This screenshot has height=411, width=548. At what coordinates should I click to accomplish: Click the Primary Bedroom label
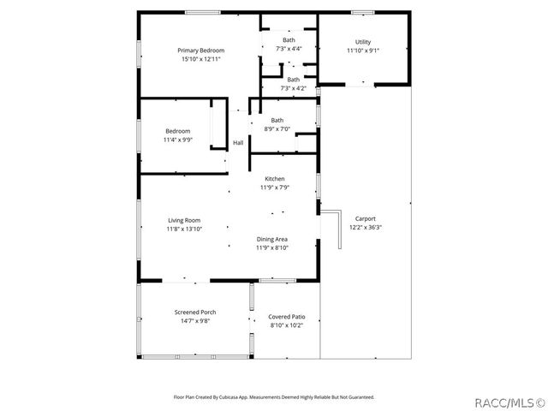[x=200, y=51]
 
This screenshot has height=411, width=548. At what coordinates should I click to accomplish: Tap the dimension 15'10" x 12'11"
[x=200, y=59]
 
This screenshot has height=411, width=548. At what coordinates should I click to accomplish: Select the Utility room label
[x=363, y=42]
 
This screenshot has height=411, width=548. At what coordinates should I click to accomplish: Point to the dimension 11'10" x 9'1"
[x=363, y=51]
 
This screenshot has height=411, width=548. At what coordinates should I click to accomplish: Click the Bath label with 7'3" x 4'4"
[x=289, y=40]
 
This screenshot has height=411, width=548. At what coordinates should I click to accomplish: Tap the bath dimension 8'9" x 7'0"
[x=277, y=128]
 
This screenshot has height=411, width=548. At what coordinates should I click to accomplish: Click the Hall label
[x=238, y=143]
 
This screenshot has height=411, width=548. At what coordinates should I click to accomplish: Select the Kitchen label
[x=274, y=179]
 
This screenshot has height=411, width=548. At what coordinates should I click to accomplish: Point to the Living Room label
[x=183, y=220]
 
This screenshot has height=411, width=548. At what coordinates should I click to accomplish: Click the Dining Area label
[x=272, y=239]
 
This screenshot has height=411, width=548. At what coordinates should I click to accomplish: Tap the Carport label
[x=366, y=218]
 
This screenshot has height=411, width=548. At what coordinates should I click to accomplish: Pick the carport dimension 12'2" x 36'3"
[x=366, y=227]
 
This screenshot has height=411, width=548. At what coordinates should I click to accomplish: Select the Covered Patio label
[x=287, y=317]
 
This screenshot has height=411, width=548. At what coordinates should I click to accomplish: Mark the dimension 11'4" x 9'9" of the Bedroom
[x=177, y=140]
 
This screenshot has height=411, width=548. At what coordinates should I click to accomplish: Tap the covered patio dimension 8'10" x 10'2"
[x=287, y=325]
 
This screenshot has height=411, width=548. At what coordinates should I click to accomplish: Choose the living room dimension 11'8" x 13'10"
[x=183, y=229]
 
